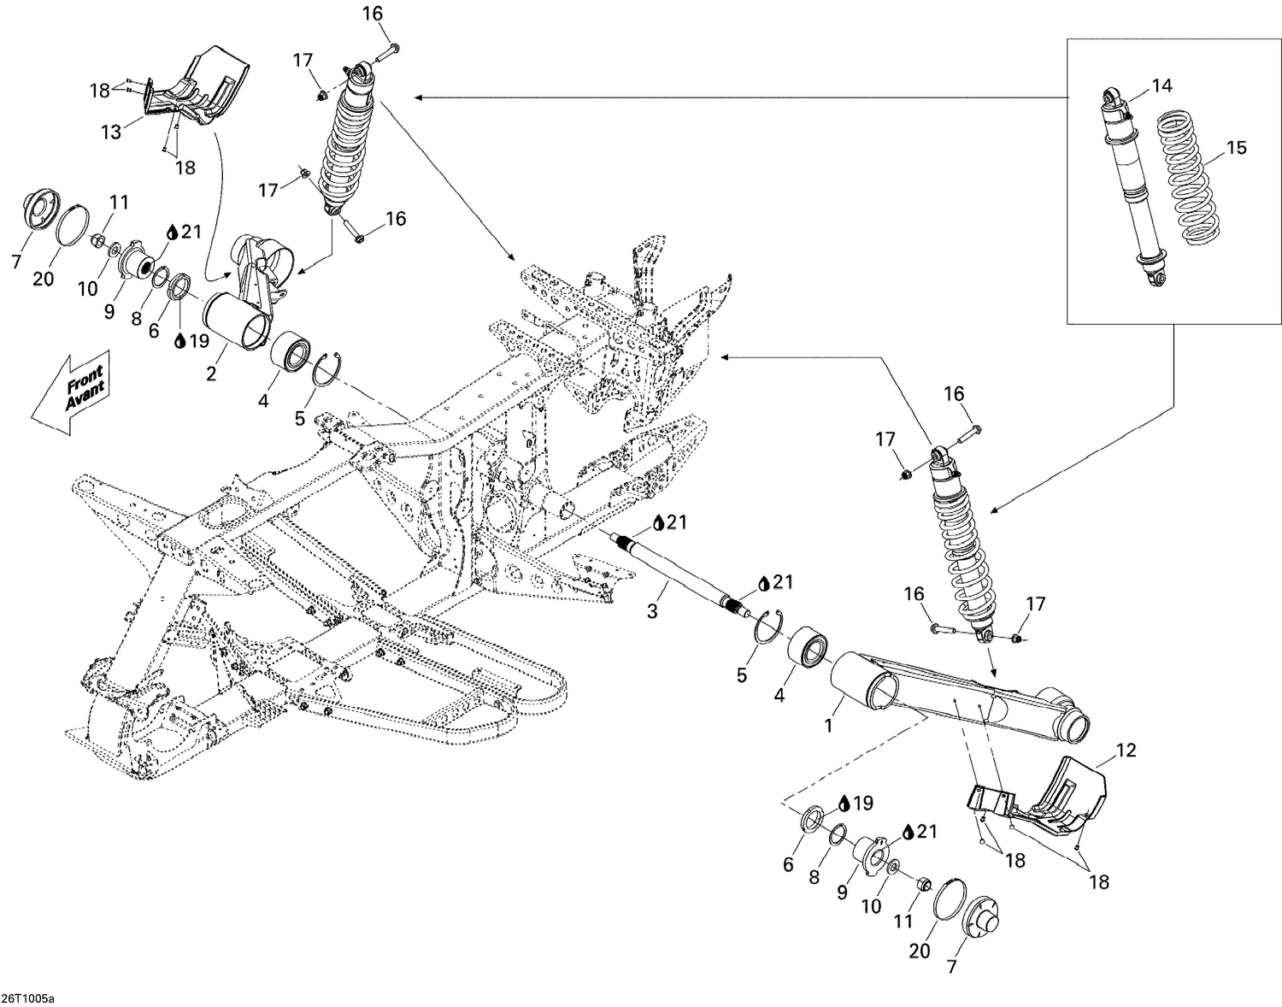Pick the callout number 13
tap(112, 132)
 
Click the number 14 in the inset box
tap(1161, 85)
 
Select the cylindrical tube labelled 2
tap(235, 319)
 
